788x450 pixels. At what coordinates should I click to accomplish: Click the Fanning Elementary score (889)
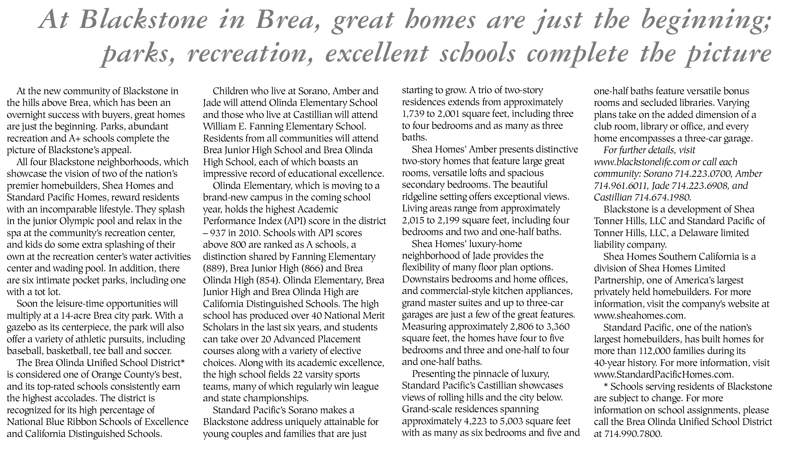[x=215, y=269]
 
